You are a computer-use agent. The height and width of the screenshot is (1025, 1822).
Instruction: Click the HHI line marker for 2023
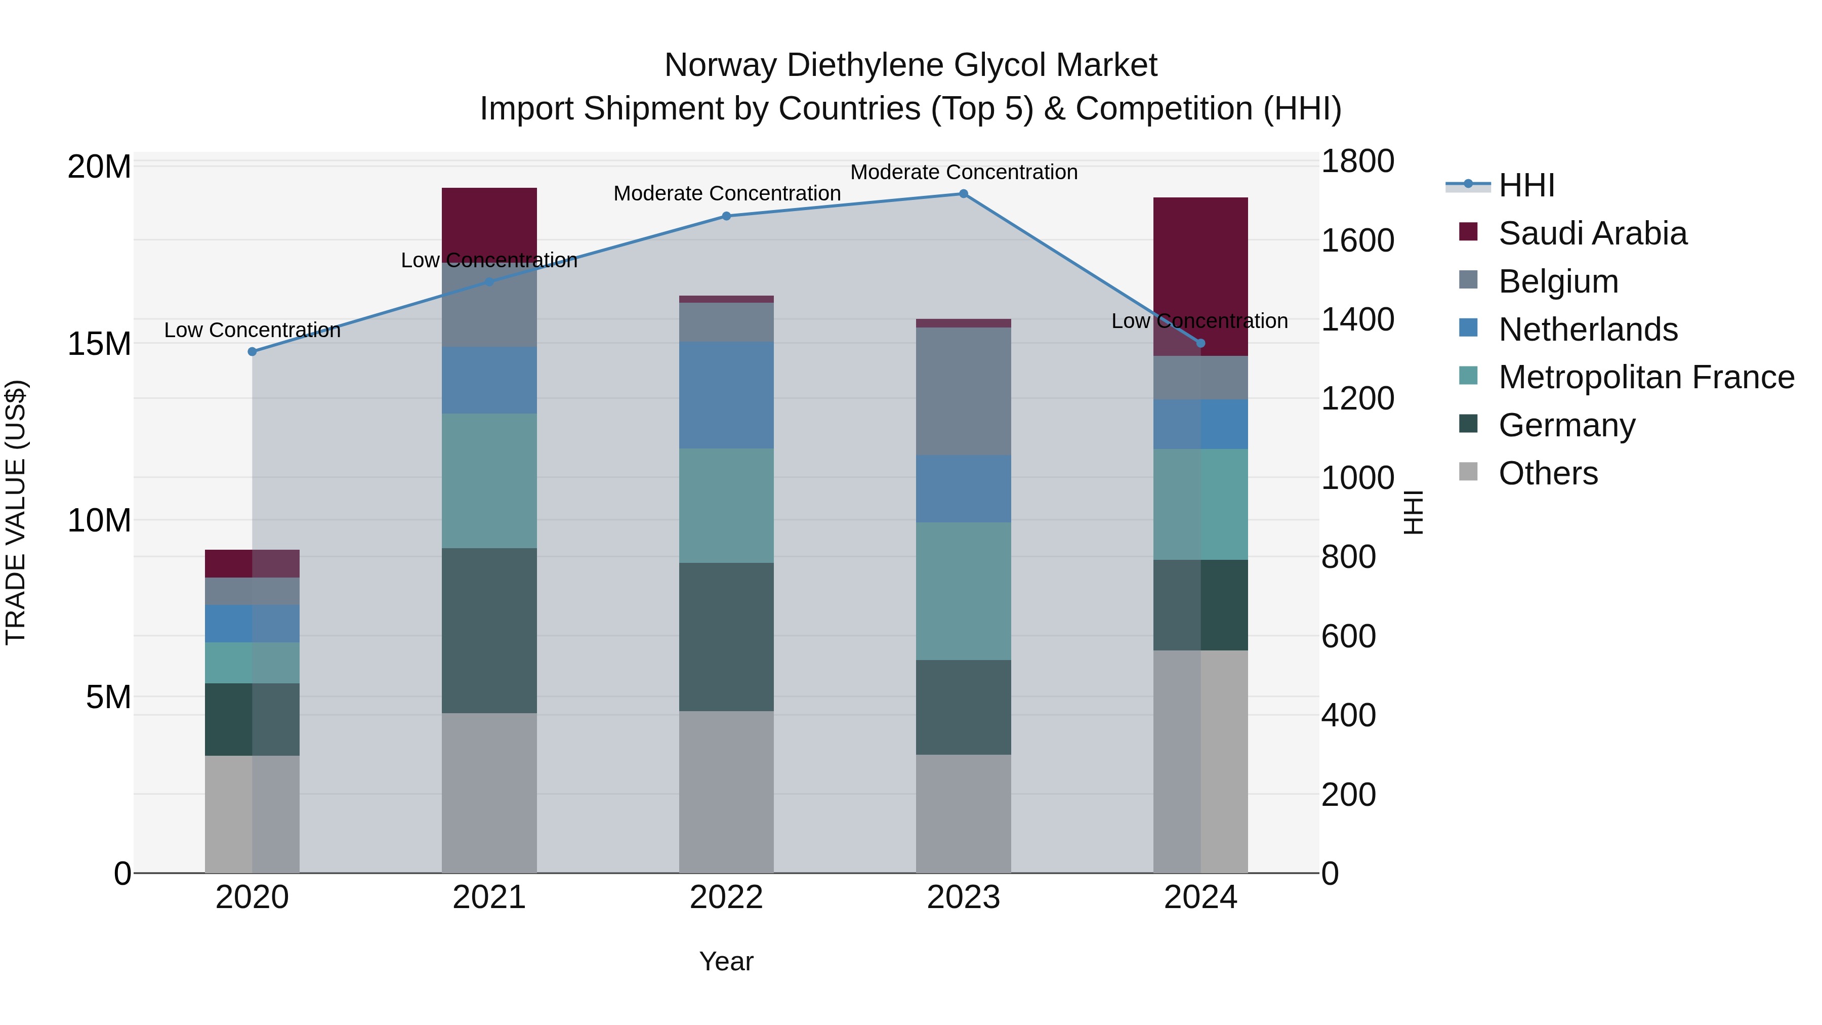pos(963,194)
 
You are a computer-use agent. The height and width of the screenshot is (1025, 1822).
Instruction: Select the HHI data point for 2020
pos(253,352)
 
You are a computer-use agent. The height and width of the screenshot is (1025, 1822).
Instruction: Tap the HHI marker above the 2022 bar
pos(726,217)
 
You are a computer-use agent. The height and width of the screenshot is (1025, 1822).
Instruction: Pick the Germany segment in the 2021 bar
pos(489,630)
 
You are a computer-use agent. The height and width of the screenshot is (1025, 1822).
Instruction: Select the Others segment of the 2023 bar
pos(963,813)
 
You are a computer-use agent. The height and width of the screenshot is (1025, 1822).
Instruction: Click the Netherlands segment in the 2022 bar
pos(726,395)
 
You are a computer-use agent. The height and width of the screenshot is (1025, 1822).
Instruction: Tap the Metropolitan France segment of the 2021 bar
pos(489,480)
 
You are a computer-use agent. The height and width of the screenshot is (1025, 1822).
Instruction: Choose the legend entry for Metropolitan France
pos(1646,377)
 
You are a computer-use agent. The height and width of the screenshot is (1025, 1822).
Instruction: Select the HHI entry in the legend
pos(1526,185)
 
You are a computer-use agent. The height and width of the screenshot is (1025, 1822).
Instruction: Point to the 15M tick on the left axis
pos(99,344)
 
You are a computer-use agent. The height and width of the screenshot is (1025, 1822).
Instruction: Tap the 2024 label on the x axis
pos(1200,897)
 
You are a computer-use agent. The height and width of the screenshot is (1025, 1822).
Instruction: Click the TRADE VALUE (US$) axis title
pos(16,512)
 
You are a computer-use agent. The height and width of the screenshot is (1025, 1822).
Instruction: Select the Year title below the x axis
pos(726,961)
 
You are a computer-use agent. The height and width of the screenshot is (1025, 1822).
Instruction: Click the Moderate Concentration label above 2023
pos(963,172)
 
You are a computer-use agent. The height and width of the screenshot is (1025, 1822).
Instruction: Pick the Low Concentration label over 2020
pos(253,331)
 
